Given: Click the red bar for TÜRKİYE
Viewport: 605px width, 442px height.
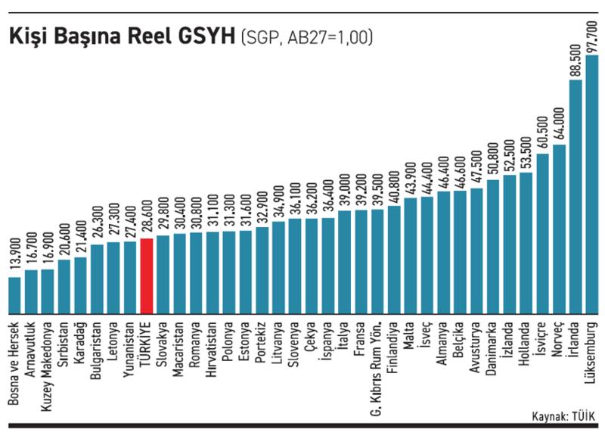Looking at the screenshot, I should (147, 276).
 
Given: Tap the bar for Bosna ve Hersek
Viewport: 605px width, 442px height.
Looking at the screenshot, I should (14, 296).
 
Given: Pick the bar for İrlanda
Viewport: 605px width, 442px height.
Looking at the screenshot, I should (576, 197).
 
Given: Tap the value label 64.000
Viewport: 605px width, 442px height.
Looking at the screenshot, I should (560, 119).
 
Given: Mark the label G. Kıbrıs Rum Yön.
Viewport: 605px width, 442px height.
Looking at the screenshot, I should (377, 369).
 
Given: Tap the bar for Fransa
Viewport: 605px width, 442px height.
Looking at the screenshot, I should (361, 262).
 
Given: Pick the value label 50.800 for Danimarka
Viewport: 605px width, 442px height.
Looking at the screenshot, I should (493, 155).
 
